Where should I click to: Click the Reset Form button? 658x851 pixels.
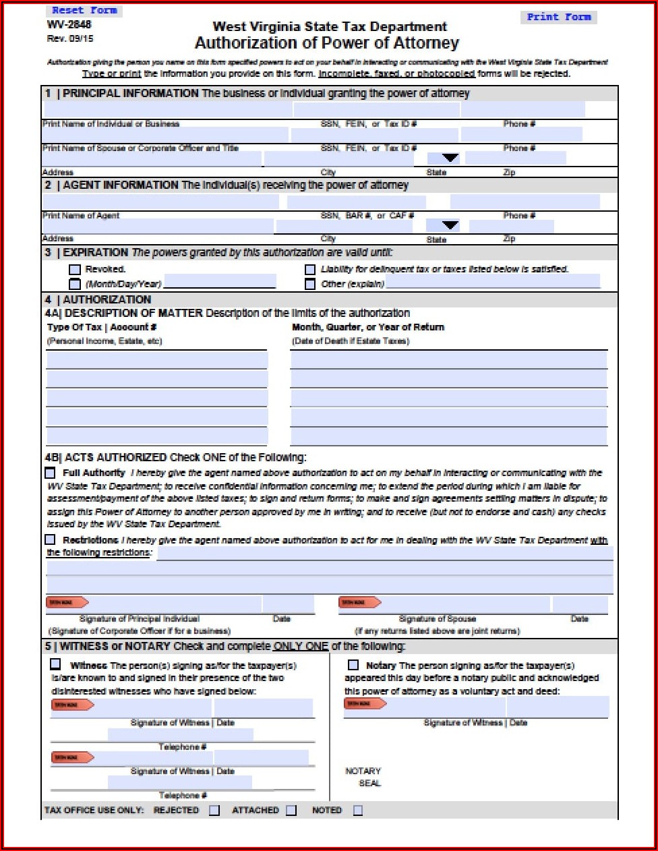[x=84, y=10]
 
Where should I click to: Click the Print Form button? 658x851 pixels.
[x=558, y=17]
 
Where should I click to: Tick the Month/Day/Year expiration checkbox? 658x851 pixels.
[x=75, y=284]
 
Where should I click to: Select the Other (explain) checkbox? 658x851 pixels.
[x=310, y=284]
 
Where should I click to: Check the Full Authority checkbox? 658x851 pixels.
[x=51, y=473]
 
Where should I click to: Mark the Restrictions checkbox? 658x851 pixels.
[x=51, y=539]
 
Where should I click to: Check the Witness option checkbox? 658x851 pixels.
[x=55, y=664]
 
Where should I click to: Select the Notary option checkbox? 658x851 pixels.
[x=353, y=665]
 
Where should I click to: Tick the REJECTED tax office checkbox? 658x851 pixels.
[x=214, y=811]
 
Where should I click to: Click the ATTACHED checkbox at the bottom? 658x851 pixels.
[x=291, y=811]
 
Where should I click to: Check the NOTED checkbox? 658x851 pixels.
[x=358, y=811]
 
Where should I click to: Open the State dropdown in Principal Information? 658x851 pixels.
[x=450, y=158]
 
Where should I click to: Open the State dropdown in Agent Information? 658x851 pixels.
[x=450, y=225]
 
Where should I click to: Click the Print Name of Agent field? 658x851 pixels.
[x=160, y=202]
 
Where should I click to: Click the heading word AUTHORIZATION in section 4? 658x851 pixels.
[x=107, y=299]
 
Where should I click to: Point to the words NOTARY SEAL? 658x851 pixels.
[x=363, y=777]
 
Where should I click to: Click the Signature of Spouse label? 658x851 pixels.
[x=438, y=618]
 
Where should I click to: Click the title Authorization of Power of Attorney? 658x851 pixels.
[x=327, y=43]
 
